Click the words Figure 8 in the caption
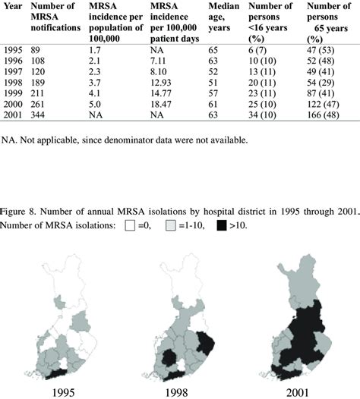(19, 211)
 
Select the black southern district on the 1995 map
(57, 371)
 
